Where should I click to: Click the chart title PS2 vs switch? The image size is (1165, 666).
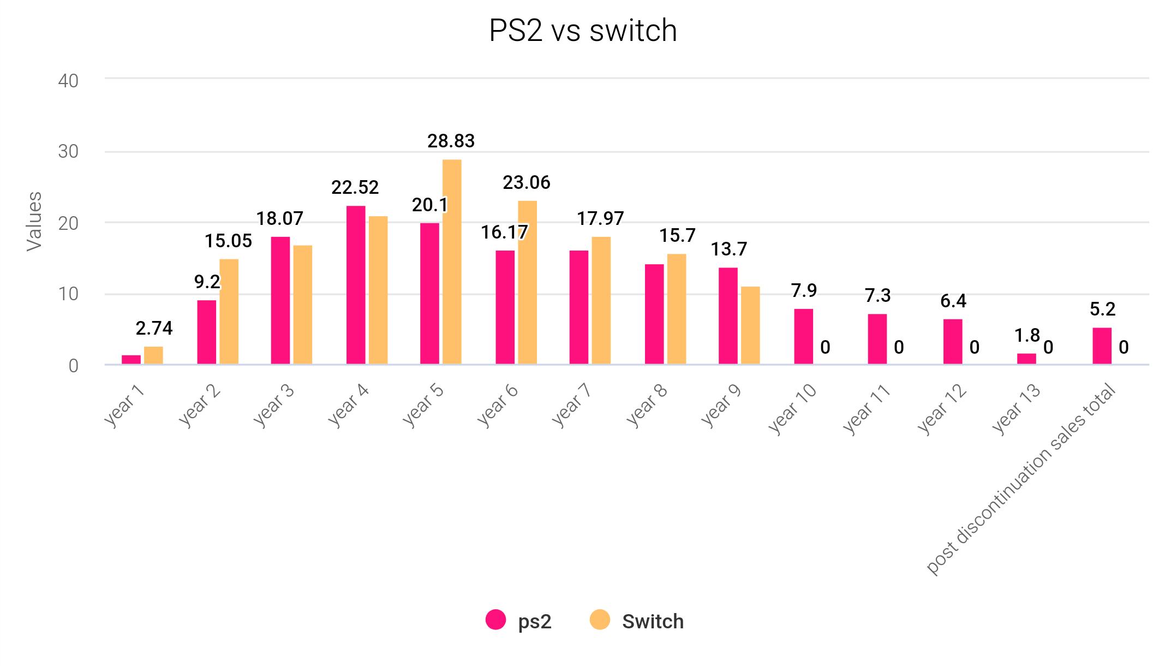pyautogui.click(x=582, y=31)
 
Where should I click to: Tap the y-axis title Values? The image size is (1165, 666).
pyautogui.click(x=34, y=222)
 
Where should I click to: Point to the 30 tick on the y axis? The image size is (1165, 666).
pyautogui.click(x=68, y=152)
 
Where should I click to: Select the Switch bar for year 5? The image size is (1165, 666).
pyautogui.click(x=452, y=262)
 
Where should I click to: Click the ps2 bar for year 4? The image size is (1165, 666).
pyautogui.click(x=356, y=285)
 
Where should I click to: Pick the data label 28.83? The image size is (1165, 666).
pyautogui.click(x=451, y=141)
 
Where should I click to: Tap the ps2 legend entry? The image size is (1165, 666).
pyautogui.click(x=519, y=621)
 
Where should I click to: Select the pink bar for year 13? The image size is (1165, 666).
pyautogui.click(x=1026, y=359)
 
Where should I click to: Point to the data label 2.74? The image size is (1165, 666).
pyautogui.click(x=154, y=328)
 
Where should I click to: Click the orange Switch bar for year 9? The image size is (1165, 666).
pyautogui.click(x=750, y=325)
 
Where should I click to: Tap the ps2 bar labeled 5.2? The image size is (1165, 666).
pyautogui.click(x=1102, y=346)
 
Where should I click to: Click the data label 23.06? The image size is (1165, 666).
pyautogui.click(x=526, y=182)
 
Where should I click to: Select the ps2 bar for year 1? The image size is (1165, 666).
pyautogui.click(x=131, y=360)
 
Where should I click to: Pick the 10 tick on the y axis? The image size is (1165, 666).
pyautogui.click(x=68, y=294)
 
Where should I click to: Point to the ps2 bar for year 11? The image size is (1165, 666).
pyautogui.click(x=877, y=339)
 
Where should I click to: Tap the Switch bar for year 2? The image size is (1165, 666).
pyautogui.click(x=229, y=312)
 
